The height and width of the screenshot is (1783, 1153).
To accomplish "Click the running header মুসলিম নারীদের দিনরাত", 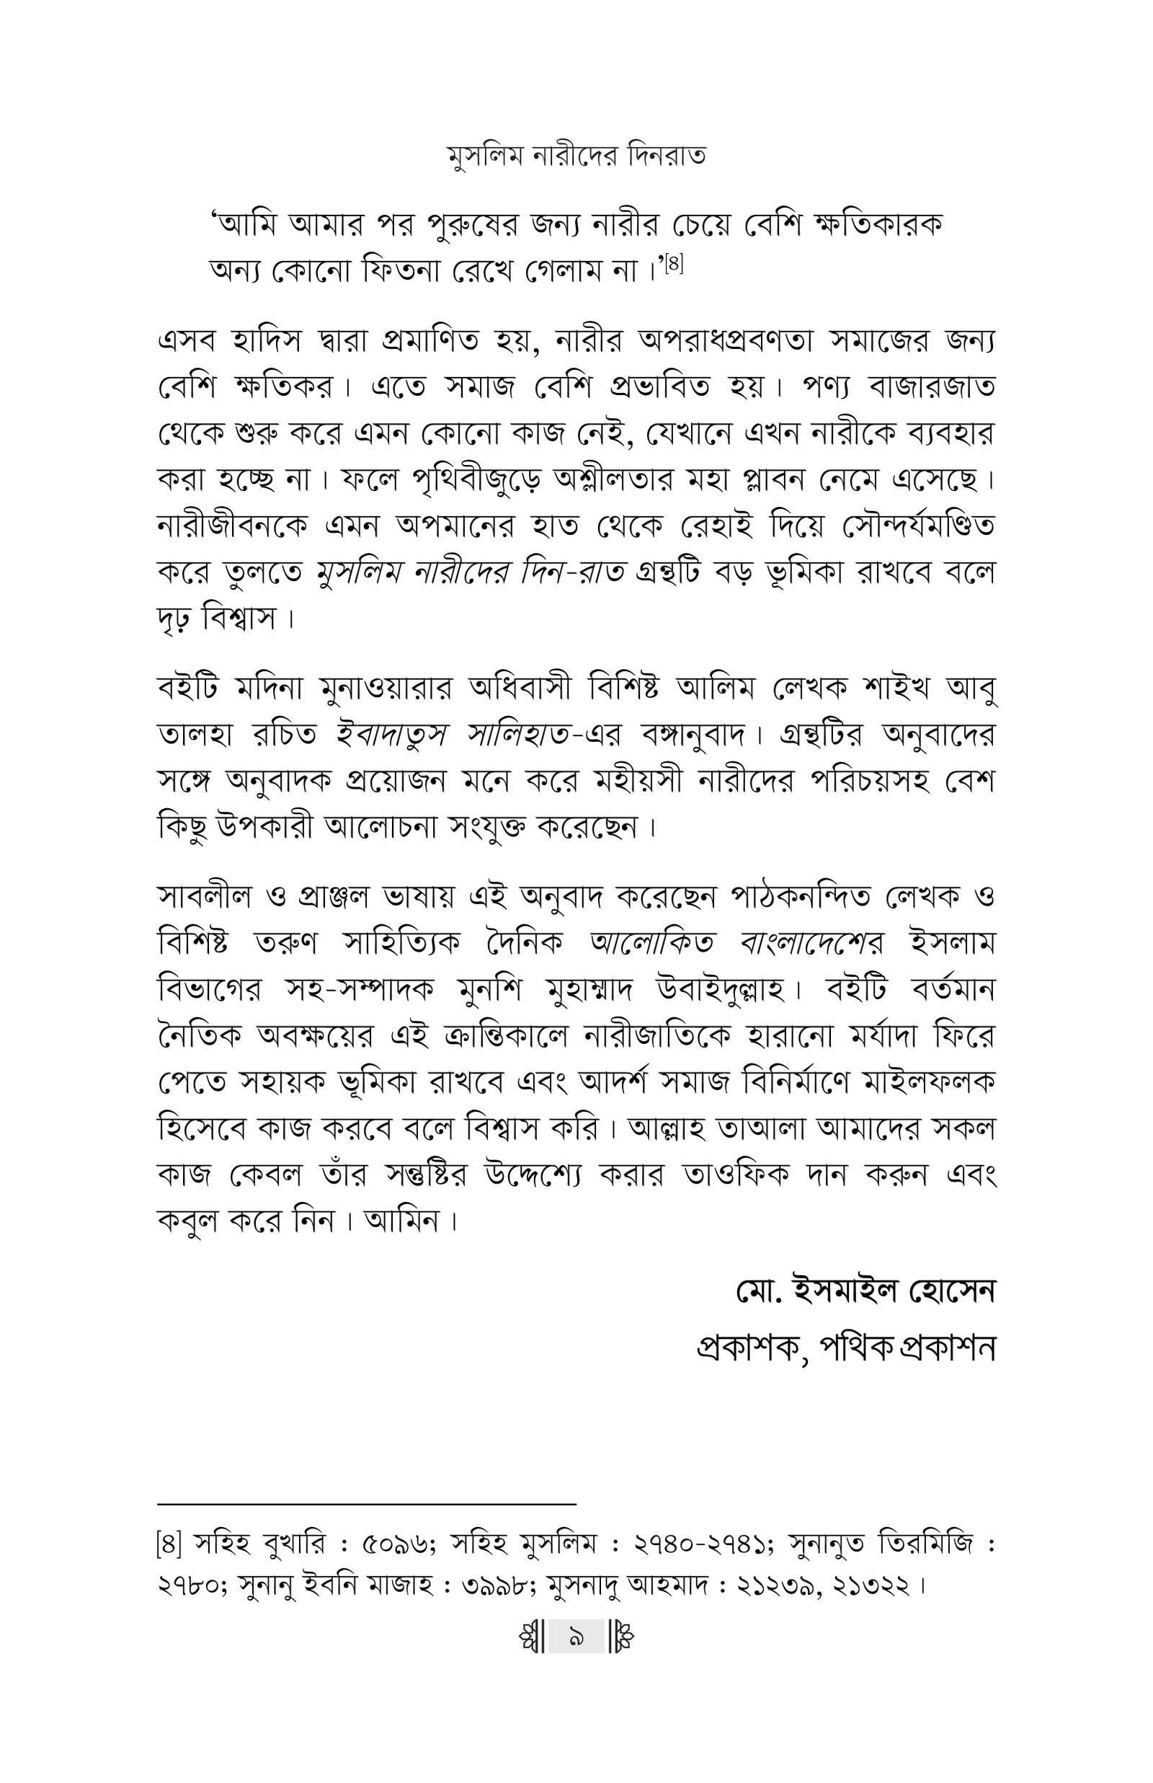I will pyautogui.click(x=576, y=156).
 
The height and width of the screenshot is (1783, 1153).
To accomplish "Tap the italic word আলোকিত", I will pyautogui.click(x=652, y=943).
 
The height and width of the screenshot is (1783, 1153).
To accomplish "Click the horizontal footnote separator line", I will pyautogui.click(x=366, y=1503).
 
